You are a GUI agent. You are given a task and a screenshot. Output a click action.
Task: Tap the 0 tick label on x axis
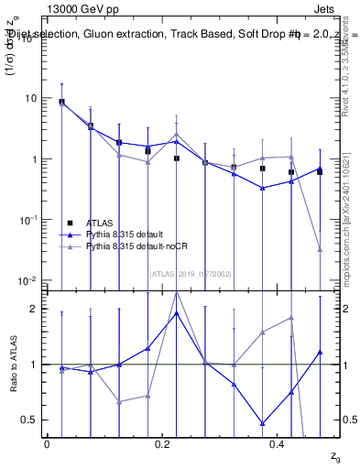(x=47, y=444)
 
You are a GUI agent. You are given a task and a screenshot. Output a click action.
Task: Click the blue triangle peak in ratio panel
(x=177, y=313)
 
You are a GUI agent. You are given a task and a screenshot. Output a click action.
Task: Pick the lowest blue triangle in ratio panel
(x=263, y=423)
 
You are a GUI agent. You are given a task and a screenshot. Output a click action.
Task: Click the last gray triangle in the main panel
(x=320, y=249)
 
